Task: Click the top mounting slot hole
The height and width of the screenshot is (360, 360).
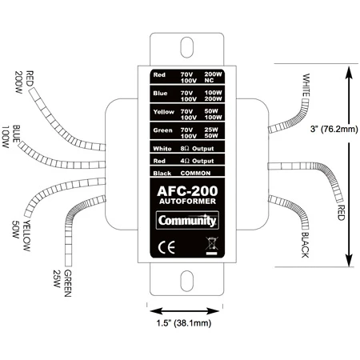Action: point(186,47)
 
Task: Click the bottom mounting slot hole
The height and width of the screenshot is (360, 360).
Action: point(186,281)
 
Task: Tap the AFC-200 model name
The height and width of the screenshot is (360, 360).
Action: point(187,191)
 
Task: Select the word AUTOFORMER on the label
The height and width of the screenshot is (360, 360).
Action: point(187,201)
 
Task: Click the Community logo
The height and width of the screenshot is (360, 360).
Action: point(187,220)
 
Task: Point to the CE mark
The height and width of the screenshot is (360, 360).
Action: point(166,247)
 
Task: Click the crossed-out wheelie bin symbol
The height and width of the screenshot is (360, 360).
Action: point(212,246)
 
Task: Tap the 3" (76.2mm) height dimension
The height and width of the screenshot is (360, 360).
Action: point(334,129)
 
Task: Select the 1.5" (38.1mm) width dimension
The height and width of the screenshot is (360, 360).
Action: point(184,323)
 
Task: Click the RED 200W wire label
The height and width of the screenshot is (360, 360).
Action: point(24,82)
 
